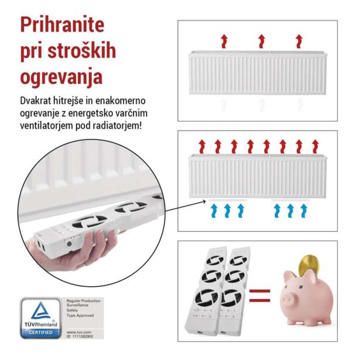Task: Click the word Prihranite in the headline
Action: click(62, 24)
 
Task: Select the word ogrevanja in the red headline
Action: click(61, 76)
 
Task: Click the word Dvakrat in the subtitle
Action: click(37, 101)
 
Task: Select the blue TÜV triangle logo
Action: click(40, 313)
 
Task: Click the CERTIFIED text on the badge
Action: click(40, 333)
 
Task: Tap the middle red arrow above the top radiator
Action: click(261, 41)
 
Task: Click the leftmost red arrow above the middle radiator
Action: click(202, 145)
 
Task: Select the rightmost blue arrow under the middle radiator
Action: click(303, 211)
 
